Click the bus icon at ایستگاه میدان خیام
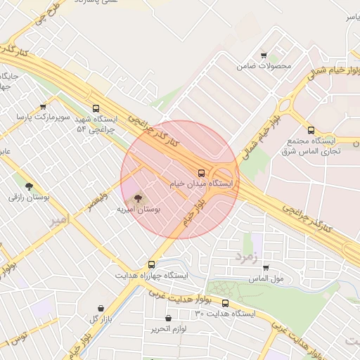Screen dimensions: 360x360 point(202,172)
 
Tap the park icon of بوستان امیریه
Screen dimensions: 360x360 point(137,199)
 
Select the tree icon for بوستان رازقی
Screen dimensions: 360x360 point(29,187)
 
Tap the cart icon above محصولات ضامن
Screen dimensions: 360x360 point(264,56)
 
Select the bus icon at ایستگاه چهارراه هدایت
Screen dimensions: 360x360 point(152,264)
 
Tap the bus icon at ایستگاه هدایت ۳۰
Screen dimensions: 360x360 point(225,303)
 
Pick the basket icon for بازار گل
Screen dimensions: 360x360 point(101,308)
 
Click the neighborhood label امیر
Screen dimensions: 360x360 point(60,221)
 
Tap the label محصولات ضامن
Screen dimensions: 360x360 point(264,66)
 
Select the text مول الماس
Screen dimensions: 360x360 point(266,279)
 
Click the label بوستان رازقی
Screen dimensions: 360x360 point(29,198)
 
